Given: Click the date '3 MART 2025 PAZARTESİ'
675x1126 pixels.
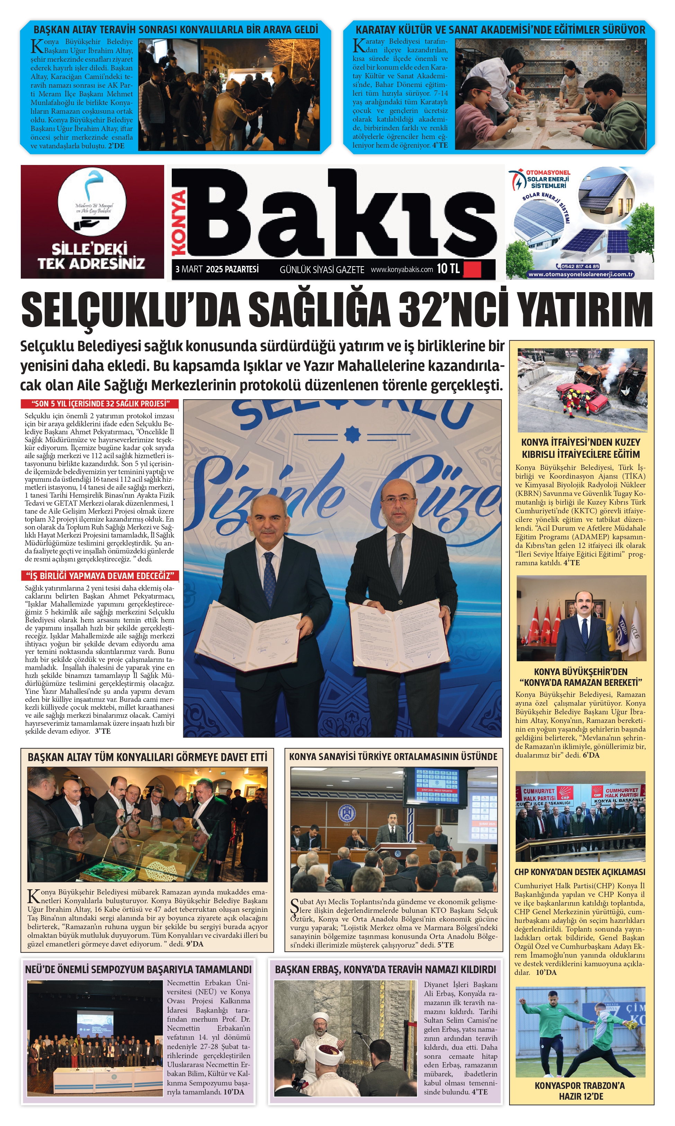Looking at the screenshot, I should click(x=217, y=269).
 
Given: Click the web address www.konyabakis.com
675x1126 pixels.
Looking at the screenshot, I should click(x=402, y=269).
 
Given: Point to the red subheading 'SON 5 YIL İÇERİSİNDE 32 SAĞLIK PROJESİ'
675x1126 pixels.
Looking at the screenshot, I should click(x=100, y=404).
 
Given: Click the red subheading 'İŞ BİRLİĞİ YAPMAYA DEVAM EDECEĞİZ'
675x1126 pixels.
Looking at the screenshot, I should click(x=100, y=576).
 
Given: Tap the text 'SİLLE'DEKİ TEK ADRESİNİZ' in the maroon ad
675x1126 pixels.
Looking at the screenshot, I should click(x=91, y=256).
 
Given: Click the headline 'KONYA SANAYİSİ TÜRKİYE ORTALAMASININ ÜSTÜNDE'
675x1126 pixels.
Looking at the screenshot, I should click(x=393, y=757).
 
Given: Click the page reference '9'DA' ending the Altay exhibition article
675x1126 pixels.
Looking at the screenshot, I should click(x=194, y=944).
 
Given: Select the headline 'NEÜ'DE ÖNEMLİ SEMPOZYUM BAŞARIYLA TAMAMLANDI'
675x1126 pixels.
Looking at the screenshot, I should click(x=138, y=969).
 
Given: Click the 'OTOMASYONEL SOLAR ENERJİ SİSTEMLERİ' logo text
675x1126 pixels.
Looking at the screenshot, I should click(x=548, y=179).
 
